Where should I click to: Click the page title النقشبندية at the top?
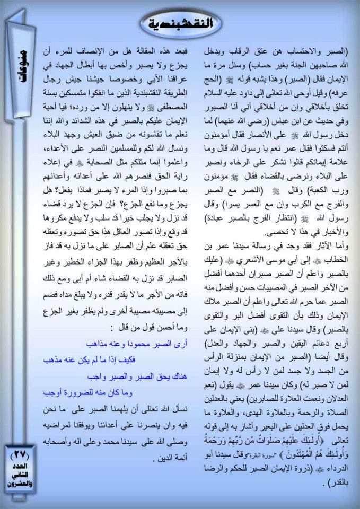pos(180,23)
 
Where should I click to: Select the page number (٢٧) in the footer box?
pos(21,454)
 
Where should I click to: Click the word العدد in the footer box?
pos(21,466)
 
